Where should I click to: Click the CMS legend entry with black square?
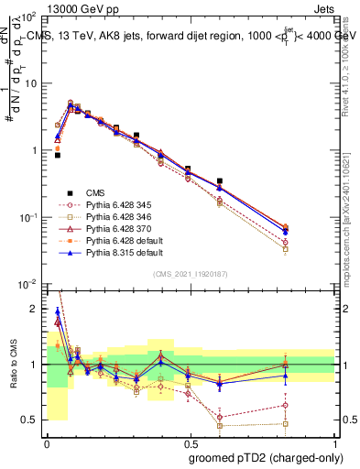(x=95, y=192)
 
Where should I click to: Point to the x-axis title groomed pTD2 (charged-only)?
(x=260, y=456)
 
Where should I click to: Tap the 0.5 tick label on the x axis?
(x=190, y=441)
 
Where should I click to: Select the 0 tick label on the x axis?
(x=47, y=441)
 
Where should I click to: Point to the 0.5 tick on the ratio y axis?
(x=33, y=420)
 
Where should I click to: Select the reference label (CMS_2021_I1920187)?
(x=190, y=274)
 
